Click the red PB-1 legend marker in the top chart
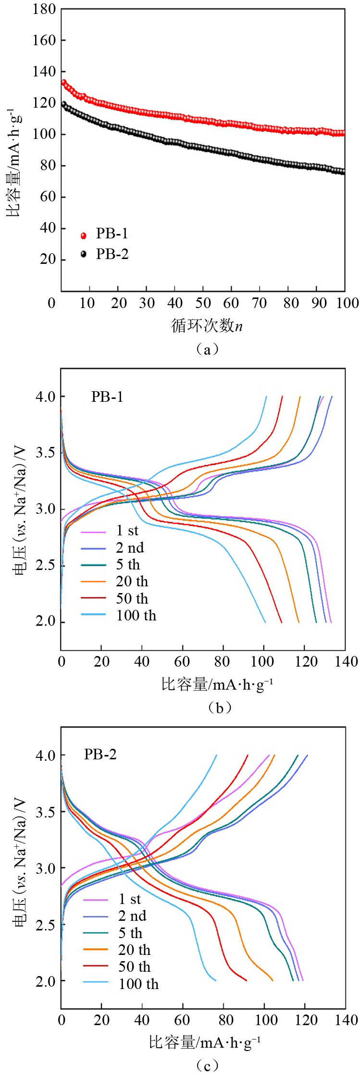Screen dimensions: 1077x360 coord(84,235)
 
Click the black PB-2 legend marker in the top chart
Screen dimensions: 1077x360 coord(84,254)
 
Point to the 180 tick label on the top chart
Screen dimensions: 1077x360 coord(44,9)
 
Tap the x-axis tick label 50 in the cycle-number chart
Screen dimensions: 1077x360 coord(203,303)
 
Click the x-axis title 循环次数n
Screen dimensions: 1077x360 coord(207,326)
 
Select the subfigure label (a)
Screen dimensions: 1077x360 coord(207,349)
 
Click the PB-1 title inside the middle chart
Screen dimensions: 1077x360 coord(107,396)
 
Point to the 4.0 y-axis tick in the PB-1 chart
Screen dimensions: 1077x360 coord(45,397)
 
